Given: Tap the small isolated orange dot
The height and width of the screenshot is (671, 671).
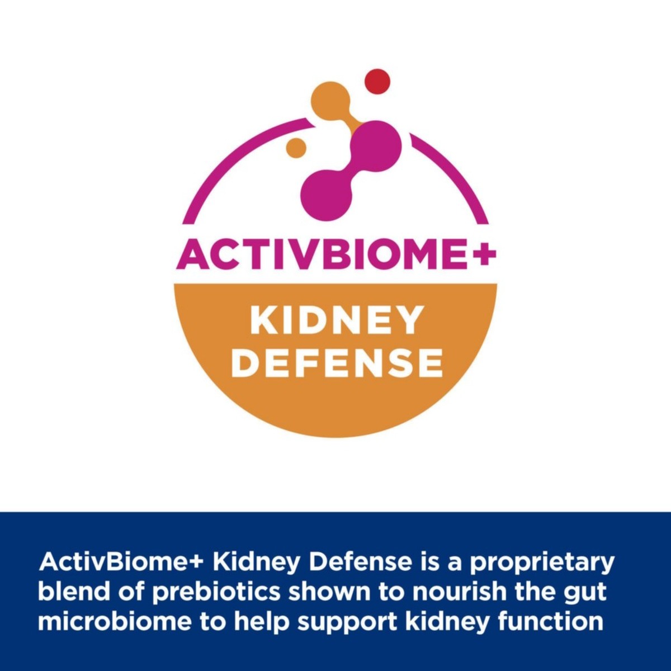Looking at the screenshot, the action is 296,148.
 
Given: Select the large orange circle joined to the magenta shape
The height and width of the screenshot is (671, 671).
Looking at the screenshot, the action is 330,100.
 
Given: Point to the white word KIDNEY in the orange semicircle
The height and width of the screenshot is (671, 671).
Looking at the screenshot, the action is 335,320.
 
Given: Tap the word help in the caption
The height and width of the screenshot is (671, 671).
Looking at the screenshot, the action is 262,623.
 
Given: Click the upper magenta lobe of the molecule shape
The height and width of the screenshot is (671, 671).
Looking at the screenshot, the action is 377,144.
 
